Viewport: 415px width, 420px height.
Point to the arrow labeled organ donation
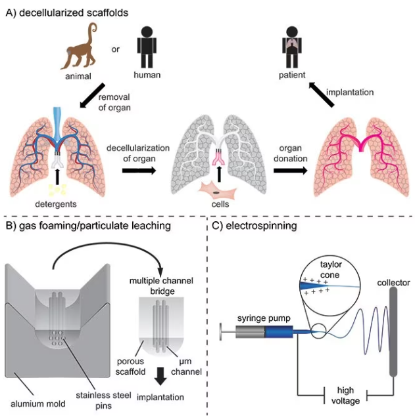coord(290,169)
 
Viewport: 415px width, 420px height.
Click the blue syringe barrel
coord(277,334)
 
